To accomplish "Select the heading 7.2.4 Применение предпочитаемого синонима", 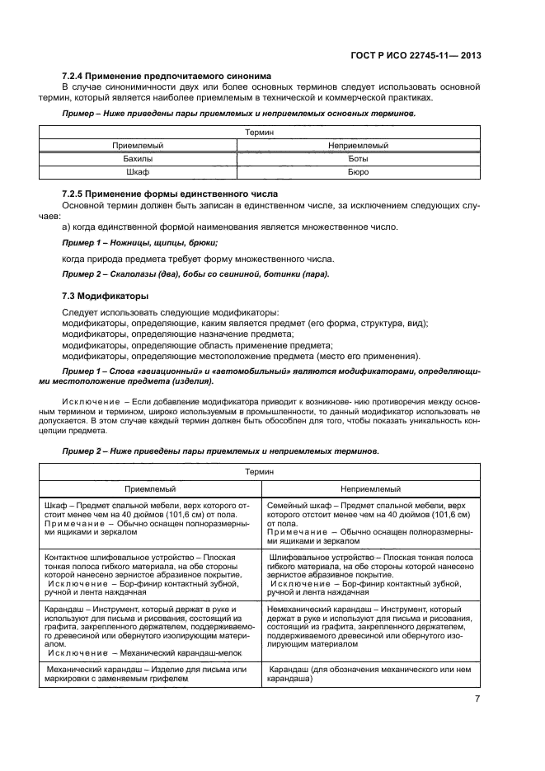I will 167,76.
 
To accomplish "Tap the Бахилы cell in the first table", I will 138,158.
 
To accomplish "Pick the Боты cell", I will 358,158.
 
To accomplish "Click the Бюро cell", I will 358,172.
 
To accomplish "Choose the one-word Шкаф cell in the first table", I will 138,172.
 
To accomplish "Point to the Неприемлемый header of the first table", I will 358,144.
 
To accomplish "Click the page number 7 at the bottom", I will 477,699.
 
